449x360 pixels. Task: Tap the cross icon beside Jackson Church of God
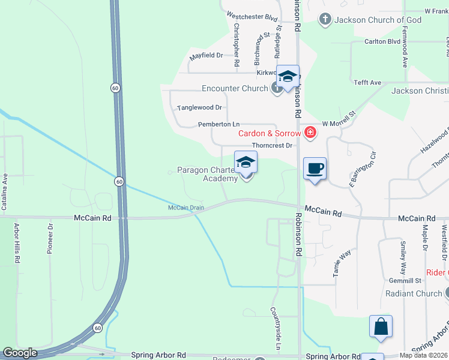tap(325, 20)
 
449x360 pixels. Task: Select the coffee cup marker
tap(315, 168)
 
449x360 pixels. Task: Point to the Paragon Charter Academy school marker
tap(246, 163)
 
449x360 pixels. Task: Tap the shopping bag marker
tap(381, 327)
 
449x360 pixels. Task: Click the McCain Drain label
tap(186, 208)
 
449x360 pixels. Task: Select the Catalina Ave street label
tap(5, 191)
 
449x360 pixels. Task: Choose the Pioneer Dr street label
tap(50, 239)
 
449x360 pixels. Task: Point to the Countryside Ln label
tap(276, 329)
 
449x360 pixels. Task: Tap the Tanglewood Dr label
tap(199, 108)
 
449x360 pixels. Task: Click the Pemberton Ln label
tap(218, 124)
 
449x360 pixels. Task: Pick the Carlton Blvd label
tap(382, 42)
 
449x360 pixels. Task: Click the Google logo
tap(20, 353)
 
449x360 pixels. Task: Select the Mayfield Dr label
tap(206, 55)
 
